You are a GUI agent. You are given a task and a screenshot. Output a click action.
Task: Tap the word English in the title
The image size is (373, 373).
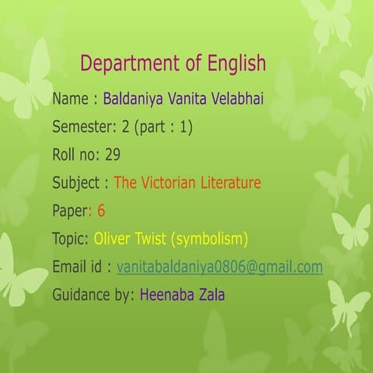236,64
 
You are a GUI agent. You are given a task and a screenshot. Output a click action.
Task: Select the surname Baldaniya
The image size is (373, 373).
133,99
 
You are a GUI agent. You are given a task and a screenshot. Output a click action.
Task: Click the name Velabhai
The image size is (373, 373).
238,99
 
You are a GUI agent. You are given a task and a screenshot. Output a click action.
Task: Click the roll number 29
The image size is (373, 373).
113,155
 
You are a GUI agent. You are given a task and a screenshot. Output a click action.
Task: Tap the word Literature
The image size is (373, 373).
231,183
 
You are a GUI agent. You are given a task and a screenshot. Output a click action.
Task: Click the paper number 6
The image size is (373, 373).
101,211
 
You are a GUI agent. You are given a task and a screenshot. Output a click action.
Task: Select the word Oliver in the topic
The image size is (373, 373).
112,239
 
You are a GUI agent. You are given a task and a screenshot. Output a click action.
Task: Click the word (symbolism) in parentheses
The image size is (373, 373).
209,239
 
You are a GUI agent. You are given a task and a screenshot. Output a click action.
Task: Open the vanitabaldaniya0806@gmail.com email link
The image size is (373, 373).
220,267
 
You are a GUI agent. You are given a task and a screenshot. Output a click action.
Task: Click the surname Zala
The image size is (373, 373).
212,295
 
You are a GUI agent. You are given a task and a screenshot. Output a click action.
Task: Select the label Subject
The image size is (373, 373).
76,183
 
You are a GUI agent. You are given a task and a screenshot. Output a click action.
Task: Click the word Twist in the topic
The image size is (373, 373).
150,239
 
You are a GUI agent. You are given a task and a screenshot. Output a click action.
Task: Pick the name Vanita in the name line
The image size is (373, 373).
187,99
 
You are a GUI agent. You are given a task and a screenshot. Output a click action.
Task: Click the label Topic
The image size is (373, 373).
71,239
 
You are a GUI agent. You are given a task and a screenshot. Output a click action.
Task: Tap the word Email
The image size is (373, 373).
68,267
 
